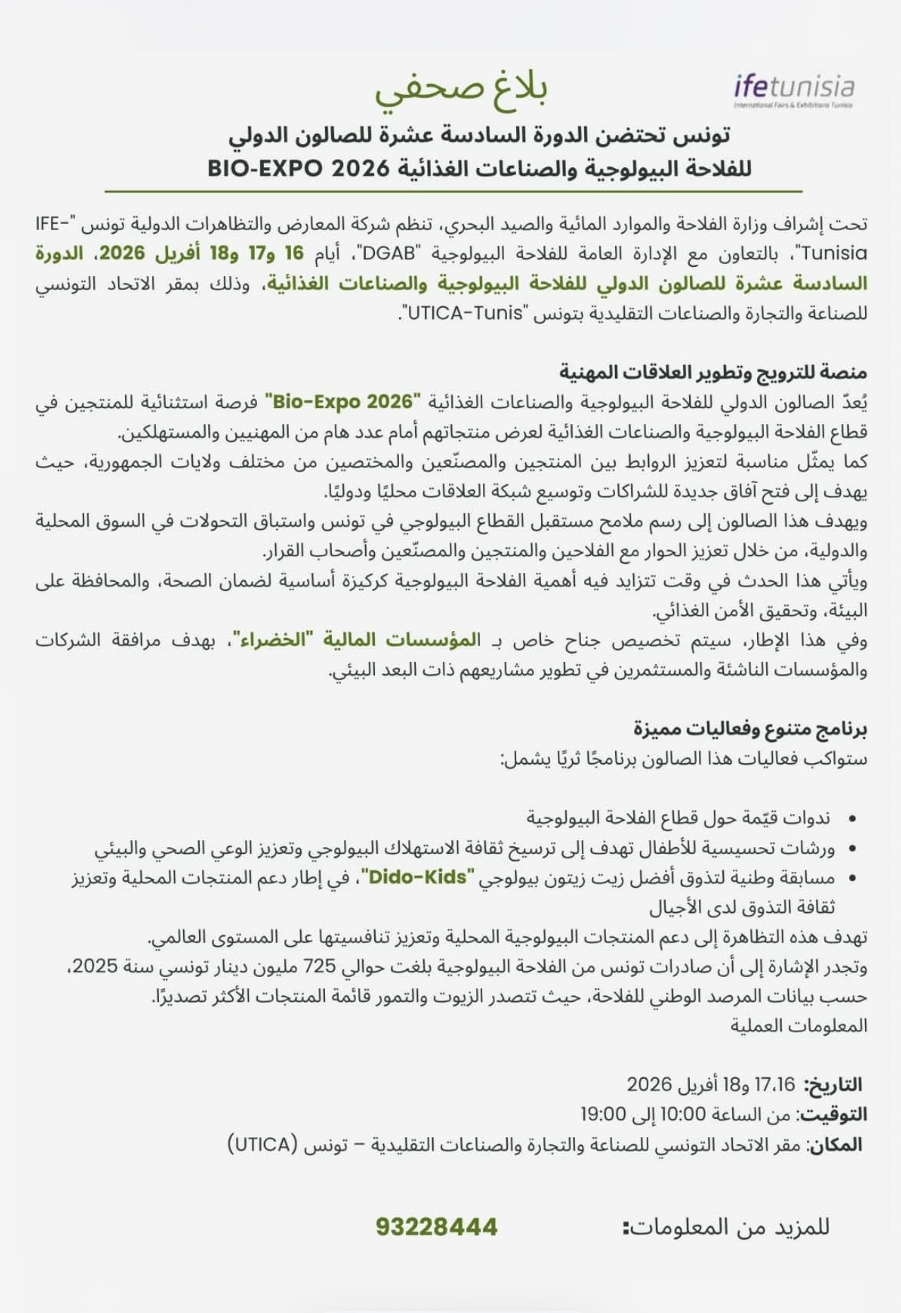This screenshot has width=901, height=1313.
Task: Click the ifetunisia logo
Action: [794, 90]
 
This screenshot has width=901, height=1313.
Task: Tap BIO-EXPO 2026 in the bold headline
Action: [299, 169]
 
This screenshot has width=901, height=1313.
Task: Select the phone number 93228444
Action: [436, 1227]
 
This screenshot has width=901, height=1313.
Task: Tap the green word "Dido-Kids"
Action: [418, 877]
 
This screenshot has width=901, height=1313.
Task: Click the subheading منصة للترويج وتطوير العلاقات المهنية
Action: [713, 372]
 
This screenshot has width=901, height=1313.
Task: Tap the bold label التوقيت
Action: [830, 1115]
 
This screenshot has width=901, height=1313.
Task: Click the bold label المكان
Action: [835, 1144]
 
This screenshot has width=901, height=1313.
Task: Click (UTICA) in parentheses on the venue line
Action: [260, 1144]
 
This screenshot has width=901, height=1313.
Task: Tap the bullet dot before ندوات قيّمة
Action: [852, 819]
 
